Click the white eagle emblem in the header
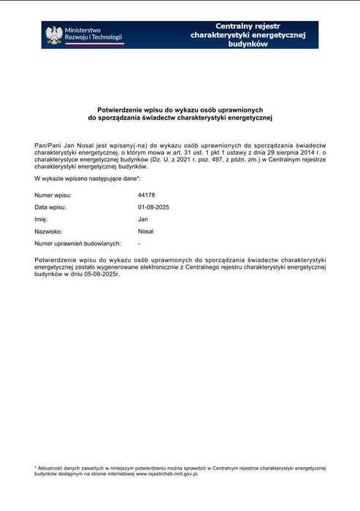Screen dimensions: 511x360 pos(53,34)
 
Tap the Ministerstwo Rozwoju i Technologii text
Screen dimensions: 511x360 pos(93,34)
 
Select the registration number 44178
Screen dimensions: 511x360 pos(146,195)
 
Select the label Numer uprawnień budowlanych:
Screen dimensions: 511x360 pos(77,242)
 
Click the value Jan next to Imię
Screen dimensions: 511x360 pos(142,219)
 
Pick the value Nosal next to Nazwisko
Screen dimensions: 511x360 pos(145,231)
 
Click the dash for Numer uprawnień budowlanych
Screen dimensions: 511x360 pos(139,242)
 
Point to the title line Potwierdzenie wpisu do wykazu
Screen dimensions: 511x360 pos(180,109)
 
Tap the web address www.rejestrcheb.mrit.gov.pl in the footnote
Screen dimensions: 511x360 pos(167,473)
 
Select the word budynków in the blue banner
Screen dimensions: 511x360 pos(248,44)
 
